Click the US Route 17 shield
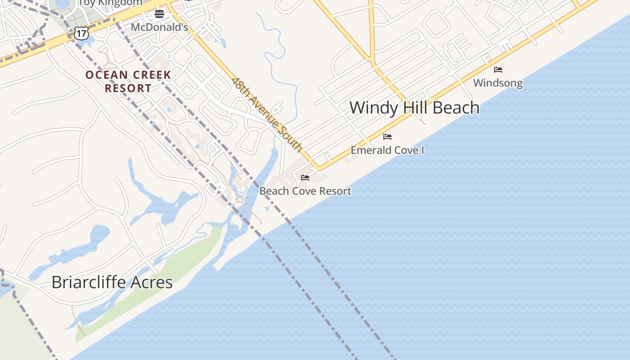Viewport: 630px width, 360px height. coord(81,32)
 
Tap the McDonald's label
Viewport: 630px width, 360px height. coord(159,27)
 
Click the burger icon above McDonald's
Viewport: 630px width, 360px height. coord(159,14)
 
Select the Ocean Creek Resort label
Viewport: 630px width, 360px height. coord(128,81)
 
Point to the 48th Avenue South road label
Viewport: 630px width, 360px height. coord(267,114)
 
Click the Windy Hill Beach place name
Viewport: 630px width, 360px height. coord(414,108)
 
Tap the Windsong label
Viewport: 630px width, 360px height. coord(498,83)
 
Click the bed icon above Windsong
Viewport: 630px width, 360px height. coord(498,70)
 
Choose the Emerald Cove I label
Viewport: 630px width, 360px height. coord(387,150)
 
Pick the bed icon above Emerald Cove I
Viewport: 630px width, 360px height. coord(387,137)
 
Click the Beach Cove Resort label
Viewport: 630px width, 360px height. coord(305,191)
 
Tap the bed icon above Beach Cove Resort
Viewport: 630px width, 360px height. coord(305,178)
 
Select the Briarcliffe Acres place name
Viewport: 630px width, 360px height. coord(112,282)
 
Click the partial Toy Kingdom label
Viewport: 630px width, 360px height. coord(110,3)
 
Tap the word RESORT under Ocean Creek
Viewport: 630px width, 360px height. coord(128,88)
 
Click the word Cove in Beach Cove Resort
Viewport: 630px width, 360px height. coord(305,191)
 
